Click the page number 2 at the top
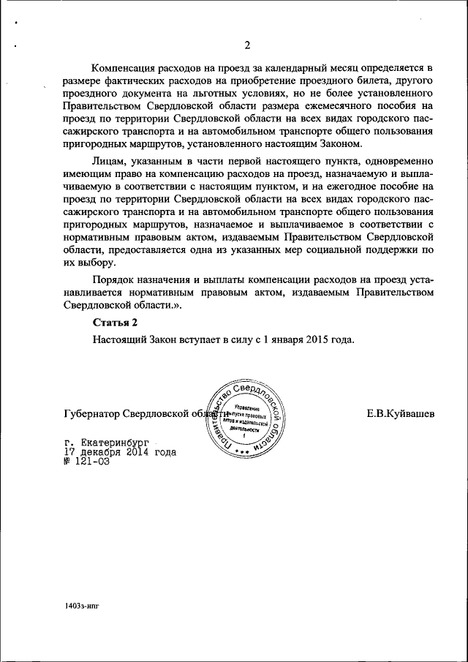247,46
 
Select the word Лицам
107,160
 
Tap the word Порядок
113,280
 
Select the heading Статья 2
115,322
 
